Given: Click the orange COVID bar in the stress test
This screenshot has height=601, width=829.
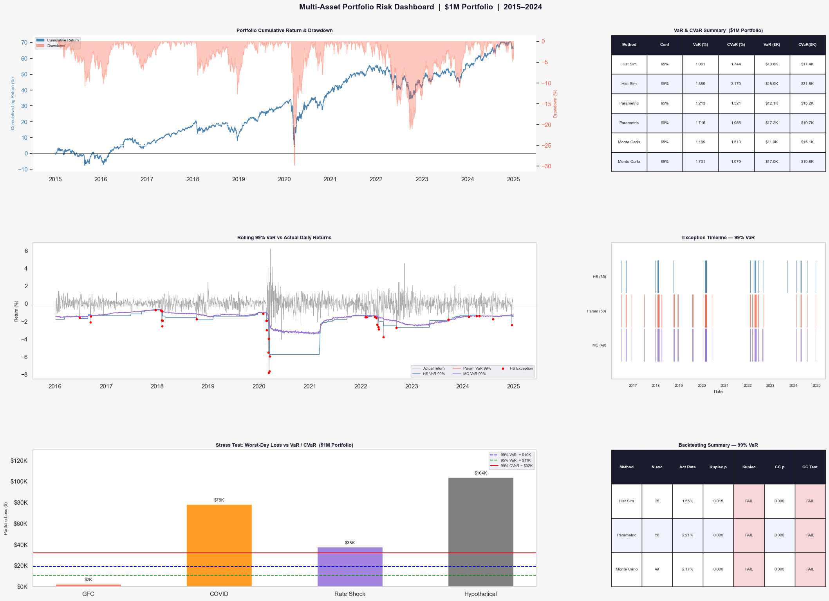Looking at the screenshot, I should point(219,545).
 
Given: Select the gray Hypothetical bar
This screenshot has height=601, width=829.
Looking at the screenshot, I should point(480,532).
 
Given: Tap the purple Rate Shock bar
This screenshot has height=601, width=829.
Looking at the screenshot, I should point(350,567).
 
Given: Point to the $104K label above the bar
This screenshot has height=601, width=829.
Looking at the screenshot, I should point(480,473).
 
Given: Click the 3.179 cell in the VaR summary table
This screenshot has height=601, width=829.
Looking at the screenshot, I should point(736,84).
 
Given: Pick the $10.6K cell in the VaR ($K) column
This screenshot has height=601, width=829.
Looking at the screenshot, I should point(771,64).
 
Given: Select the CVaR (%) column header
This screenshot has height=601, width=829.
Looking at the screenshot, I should point(736,45).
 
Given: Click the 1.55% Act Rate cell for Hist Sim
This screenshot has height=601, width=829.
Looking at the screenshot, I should point(687,501).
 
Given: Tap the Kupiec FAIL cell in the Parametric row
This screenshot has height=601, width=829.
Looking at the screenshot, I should point(749,535).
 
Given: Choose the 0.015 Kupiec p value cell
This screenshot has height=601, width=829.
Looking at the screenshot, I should point(718,501).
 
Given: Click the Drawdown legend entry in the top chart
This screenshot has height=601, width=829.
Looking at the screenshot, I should point(56,46).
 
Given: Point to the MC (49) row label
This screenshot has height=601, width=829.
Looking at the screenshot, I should point(599,345).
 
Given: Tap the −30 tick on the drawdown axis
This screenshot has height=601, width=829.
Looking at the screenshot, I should point(546,166).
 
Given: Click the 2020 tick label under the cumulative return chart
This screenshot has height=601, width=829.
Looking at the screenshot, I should point(284,179).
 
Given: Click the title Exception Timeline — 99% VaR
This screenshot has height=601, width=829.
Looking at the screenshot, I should point(718,238).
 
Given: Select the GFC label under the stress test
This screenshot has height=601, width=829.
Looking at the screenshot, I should point(88,594).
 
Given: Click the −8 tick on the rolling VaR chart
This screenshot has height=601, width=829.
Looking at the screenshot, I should point(26,375).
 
